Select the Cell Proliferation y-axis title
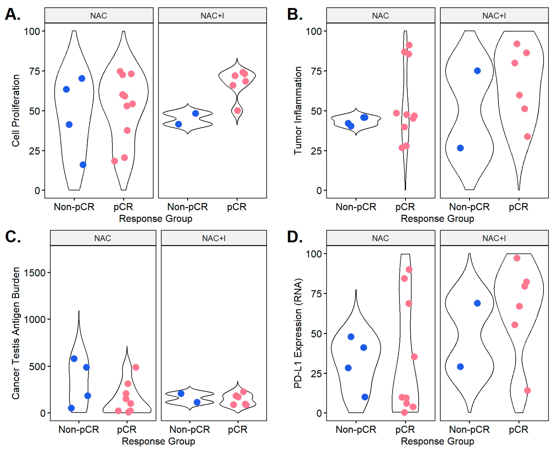[16, 111]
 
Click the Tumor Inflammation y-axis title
[298, 111]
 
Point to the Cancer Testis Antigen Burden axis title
[16, 333]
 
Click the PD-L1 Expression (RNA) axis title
[298, 333]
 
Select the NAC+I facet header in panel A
[212, 16]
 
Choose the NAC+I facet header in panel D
[494, 238]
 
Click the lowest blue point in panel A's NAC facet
[83, 165]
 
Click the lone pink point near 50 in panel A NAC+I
[237, 111]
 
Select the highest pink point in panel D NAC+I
[517, 258]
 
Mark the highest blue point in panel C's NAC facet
[74, 359]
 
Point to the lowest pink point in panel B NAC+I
[527, 137]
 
